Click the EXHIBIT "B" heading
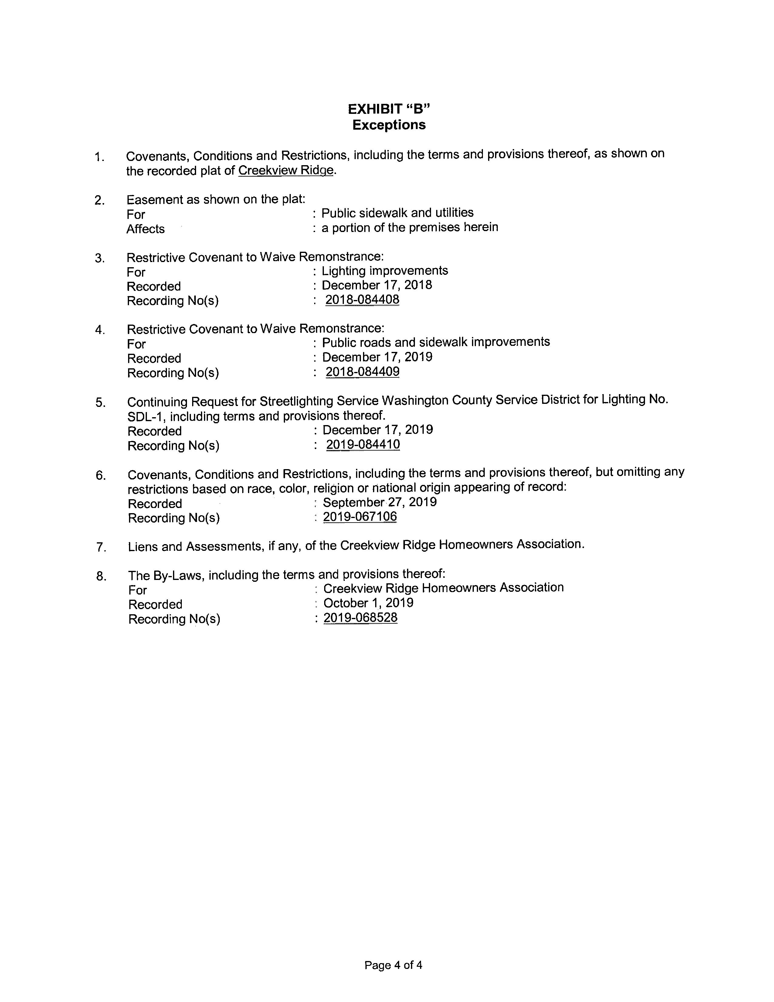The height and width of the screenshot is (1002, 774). [389, 109]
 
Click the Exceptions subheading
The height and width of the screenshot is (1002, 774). [389, 125]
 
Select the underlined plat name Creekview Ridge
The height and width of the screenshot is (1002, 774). [286, 170]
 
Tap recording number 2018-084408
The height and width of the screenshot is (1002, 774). [362, 300]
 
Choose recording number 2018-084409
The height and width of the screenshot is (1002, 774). [362, 372]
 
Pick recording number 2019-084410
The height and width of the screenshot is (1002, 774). [363, 445]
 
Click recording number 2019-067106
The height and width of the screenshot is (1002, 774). [360, 516]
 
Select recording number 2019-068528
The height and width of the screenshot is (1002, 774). [360, 618]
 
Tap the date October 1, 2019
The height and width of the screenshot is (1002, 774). [368, 603]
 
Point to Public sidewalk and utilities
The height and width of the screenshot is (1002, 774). [398, 213]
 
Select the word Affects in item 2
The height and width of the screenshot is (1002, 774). [145, 229]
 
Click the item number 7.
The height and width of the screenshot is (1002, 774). [100, 547]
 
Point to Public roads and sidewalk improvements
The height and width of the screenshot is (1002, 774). [436, 342]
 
